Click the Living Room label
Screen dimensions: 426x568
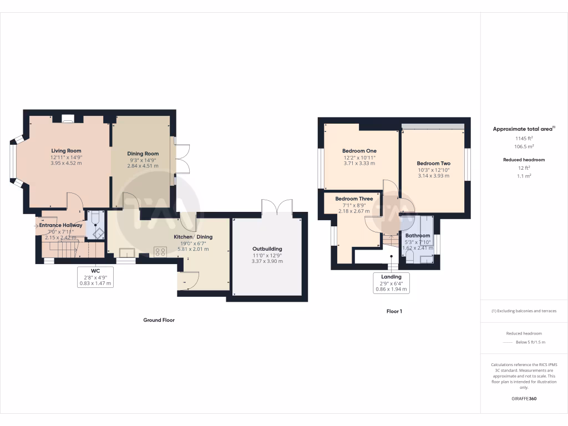pos(66,150)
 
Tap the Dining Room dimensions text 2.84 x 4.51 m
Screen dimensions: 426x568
pos(143,165)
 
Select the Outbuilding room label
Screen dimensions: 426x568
pos(267,249)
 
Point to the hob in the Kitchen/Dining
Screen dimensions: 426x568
pos(160,251)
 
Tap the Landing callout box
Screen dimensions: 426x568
pos(391,282)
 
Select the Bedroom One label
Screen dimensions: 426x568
pos(359,151)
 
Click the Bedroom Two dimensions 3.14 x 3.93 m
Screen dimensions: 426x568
pos(433,175)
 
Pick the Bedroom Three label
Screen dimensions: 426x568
pos(354,199)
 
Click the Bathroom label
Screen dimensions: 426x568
pos(417,235)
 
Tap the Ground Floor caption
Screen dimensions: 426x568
pos(159,320)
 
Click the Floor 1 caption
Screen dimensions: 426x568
pos(394,312)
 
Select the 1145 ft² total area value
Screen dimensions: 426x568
pos(524,138)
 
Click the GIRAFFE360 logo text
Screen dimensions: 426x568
pos(524,398)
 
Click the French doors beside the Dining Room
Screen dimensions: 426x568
pos(182,160)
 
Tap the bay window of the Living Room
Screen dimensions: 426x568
pos(13,160)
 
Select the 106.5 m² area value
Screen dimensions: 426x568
pos(524,146)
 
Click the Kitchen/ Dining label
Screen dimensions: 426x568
pos(193,237)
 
